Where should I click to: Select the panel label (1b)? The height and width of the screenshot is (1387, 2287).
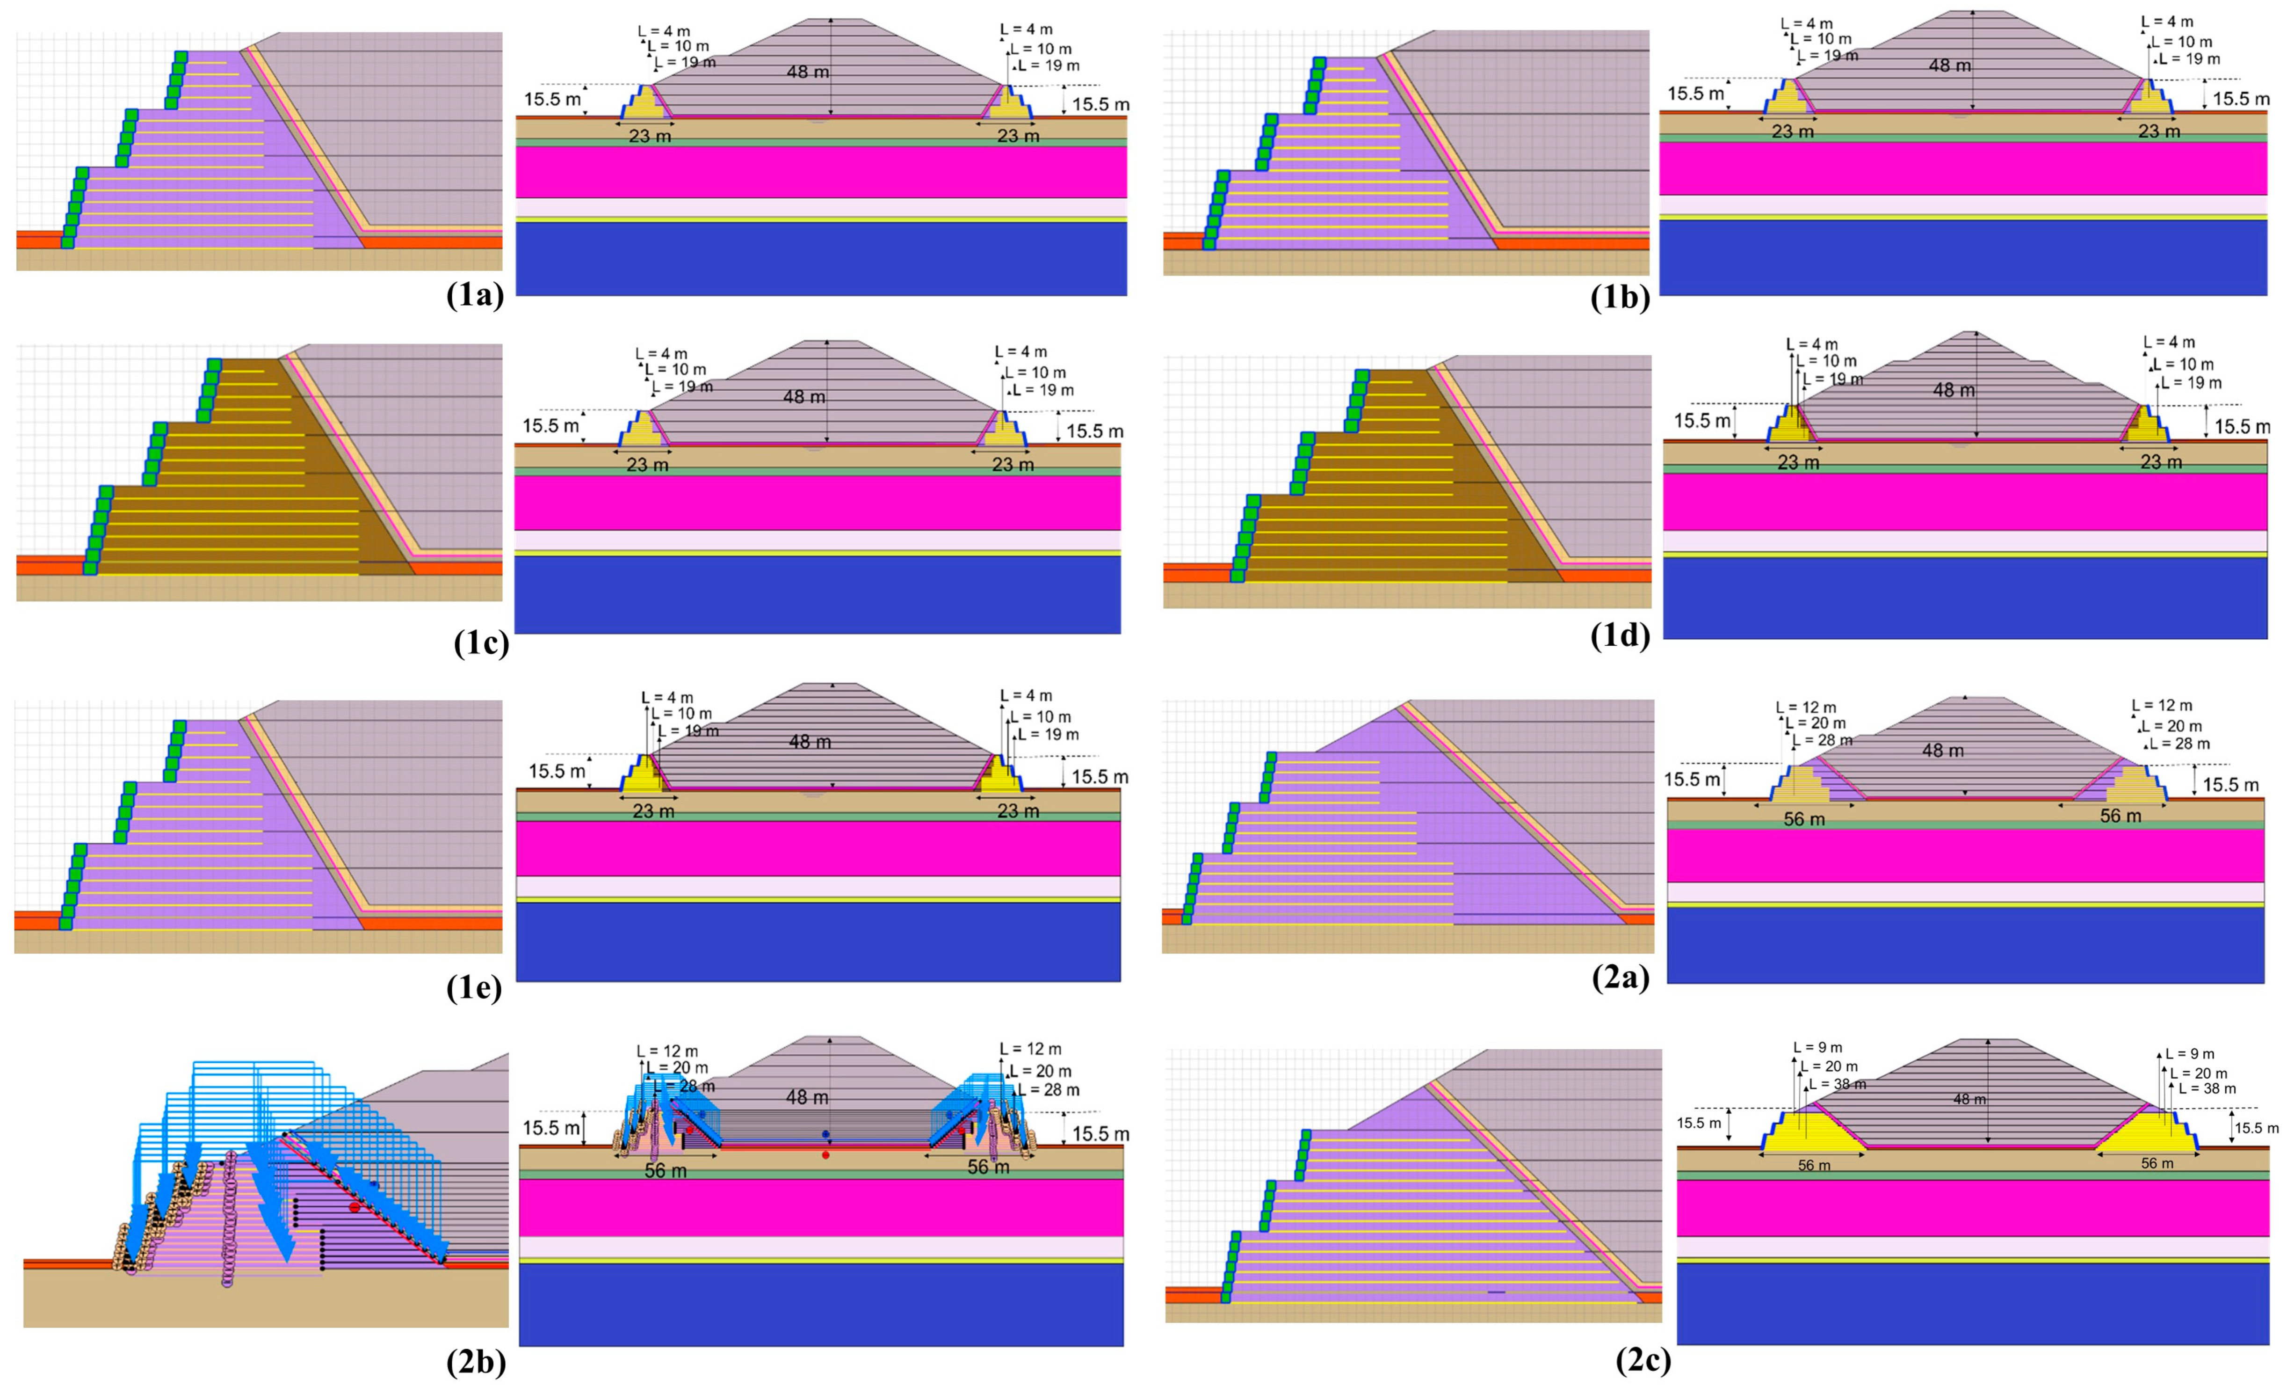point(1620,297)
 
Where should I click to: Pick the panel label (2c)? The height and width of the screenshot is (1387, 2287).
point(1643,1359)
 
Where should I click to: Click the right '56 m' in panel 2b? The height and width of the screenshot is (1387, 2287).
point(988,1167)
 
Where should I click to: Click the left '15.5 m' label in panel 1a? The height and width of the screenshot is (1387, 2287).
point(552,99)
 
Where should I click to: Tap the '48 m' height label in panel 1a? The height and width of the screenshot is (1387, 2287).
point(808,72)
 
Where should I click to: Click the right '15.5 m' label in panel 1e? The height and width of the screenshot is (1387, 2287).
point(1100,777)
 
